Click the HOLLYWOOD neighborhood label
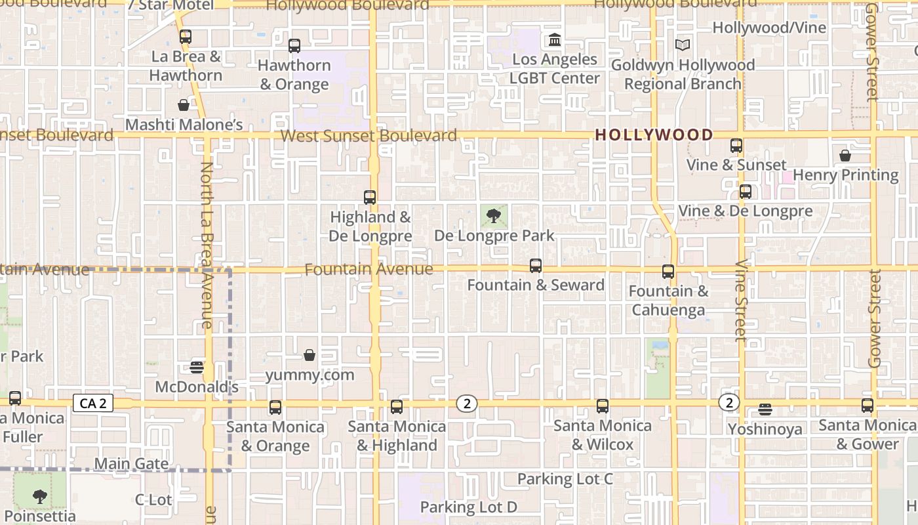click(654, 135)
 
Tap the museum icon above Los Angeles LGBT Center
click(555, 40)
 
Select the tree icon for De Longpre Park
click(494, 216)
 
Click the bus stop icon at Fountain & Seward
click(536, 266)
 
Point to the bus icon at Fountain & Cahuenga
click(668, 272)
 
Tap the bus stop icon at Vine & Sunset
click(736, 146)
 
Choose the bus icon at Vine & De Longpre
click(746, 192)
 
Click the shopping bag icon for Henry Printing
click(845, 156)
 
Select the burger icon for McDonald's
click(197, 367)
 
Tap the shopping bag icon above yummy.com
click(309, 356)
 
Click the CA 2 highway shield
click(92, 403)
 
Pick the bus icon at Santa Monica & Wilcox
click(603, 406)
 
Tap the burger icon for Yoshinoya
click(765, 410)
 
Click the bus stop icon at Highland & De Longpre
click(370, 198)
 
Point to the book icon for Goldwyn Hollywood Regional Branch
click(683, 45)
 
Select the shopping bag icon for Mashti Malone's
click(184, 105)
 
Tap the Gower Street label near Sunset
click(872, 52)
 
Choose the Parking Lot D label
click(469, 507)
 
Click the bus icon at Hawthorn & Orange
click(294, 46)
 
